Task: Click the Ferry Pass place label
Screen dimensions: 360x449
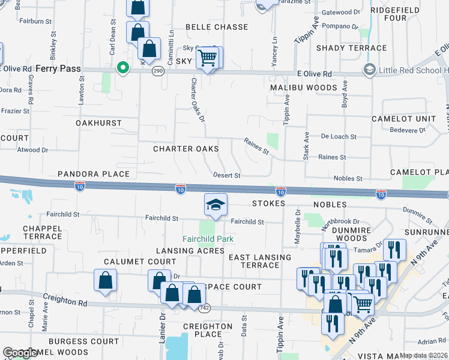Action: click(x=58, y=69)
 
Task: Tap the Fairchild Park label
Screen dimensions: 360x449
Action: click(x=208, y=239)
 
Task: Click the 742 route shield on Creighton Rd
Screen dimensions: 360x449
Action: click(x=205, y=307)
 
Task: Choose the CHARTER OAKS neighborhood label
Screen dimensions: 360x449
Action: click(x=185, y=149)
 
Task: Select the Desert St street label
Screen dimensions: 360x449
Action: click(x=227, y=176)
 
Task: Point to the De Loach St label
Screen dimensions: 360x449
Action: click(x=339, y=137)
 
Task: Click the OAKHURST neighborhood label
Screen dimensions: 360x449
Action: click(x=98, y=123)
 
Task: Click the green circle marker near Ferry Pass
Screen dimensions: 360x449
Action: click(x=124, y=68)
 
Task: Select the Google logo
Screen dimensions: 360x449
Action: click(x=20, y=353)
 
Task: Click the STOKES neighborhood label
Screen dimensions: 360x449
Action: click(x=268, y=204)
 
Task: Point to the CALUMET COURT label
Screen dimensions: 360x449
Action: click(x=140, y=262)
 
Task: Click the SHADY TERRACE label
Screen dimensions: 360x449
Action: click(x=351, y=48)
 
